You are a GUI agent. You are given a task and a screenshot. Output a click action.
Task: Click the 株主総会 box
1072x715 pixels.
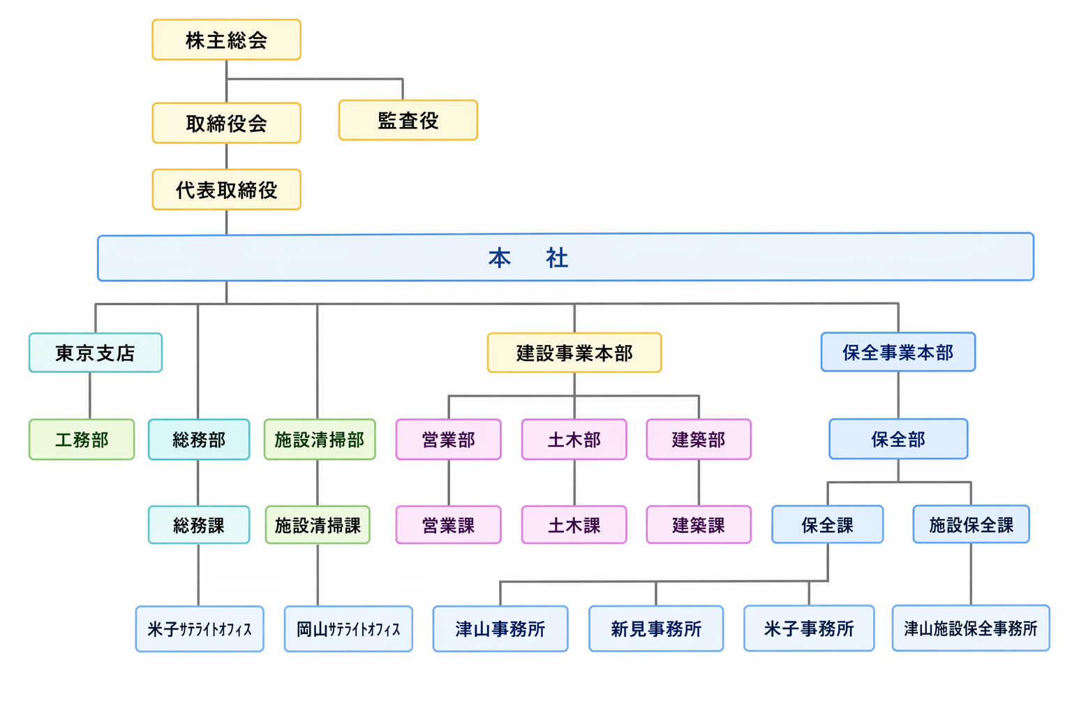click(226, 40)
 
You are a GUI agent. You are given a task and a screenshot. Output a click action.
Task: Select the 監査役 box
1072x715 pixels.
click(408, 120)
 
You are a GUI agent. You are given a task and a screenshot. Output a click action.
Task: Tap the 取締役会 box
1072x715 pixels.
click(226, 123)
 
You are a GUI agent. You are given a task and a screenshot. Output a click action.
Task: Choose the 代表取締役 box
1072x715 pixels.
click(226, 190)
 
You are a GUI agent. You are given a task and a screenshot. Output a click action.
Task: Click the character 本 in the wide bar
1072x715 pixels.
click(500, 258)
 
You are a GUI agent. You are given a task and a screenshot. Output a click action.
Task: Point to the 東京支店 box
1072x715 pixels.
click(96, 353)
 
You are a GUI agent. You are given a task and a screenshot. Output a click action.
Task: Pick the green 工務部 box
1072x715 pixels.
click(82, 440)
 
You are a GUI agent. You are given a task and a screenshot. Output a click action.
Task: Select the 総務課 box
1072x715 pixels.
click(199, 525)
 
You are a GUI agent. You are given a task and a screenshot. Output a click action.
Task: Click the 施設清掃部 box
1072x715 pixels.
click(320, 440)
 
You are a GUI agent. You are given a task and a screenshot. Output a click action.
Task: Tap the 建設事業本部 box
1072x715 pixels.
click(574, 353)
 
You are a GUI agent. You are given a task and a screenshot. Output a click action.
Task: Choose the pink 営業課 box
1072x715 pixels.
click(449, 525)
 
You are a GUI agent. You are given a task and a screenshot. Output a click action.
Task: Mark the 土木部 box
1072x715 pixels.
click(574, 440)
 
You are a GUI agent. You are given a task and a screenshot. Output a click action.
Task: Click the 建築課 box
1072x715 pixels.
click(699, 525)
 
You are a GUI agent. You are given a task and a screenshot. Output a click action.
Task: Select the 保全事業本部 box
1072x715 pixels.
click(898, 352)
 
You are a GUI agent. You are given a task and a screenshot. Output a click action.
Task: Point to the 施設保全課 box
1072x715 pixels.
click(971, 524)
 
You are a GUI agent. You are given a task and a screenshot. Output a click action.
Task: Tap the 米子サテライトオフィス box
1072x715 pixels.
click(200, 629)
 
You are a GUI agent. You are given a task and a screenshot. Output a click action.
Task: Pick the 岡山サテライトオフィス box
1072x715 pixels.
click(348, 629)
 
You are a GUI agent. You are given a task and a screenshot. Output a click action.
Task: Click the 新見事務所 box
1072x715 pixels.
click(656, 628)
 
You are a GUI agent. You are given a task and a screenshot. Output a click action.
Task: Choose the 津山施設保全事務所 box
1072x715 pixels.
click(971, 628)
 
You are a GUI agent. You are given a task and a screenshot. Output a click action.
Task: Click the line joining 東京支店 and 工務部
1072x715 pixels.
click(90, 396)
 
